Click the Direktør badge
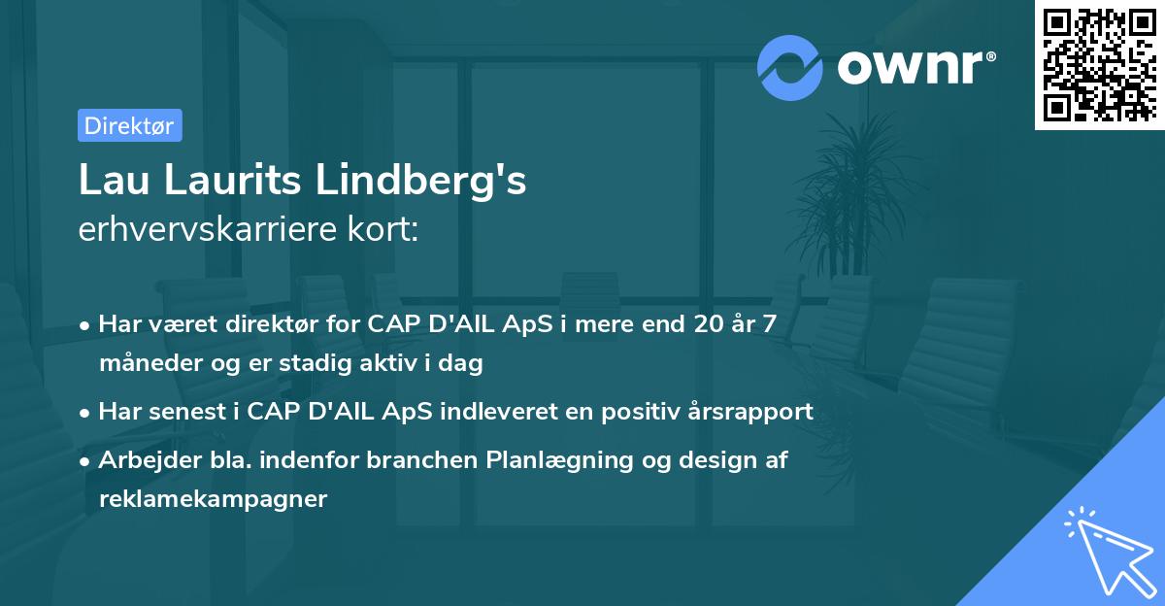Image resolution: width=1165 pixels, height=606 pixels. (129, 125)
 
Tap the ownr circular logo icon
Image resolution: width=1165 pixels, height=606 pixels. (790, 67)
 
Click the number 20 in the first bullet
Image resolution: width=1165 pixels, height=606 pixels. (713, 324)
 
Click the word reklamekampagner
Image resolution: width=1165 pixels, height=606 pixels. (214, 499)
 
